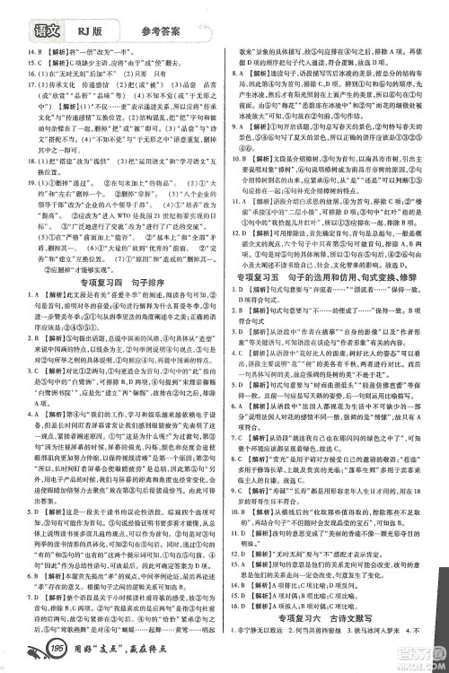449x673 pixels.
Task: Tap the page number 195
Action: coord(35,649)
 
